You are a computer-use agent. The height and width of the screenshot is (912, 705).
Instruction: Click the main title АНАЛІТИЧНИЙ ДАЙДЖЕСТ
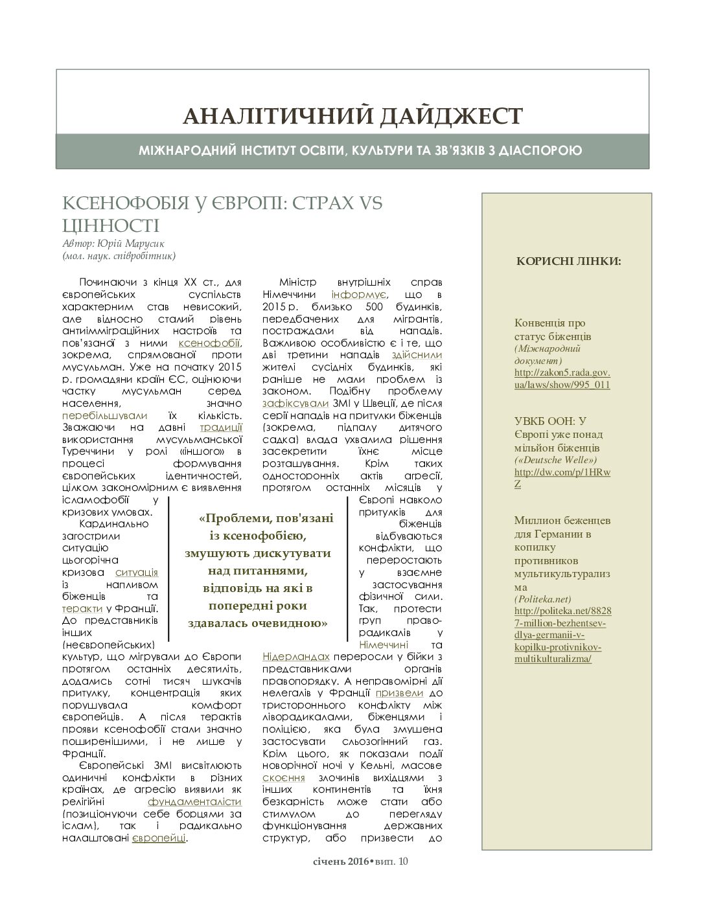tap(352, 116)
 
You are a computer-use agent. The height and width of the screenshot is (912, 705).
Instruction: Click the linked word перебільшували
tap(105, 415)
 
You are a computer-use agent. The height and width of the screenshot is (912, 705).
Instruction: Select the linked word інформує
tap(349, 295)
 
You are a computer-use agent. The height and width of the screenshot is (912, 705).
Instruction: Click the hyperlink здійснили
tap(417, 355)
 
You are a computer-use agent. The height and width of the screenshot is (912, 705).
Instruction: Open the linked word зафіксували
tap(290, 403)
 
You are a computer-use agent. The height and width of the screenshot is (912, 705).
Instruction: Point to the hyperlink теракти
tap(82, 609)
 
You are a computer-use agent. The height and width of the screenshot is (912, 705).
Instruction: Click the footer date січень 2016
tap(338, 861)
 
